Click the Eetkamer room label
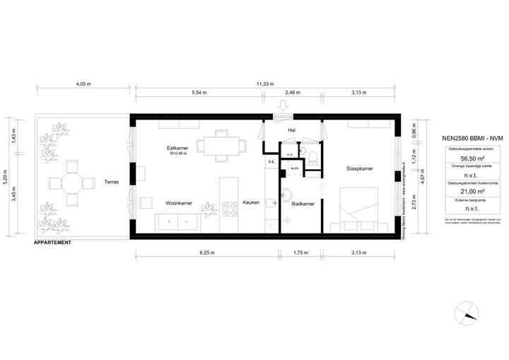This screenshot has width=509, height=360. [177, 148]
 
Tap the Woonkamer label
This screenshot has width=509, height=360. [179, 203]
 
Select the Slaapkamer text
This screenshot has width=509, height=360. [360, 169]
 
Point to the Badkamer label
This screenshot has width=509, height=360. [303, 204]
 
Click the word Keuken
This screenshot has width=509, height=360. [251, 203]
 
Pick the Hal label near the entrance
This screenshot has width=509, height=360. [291, 131]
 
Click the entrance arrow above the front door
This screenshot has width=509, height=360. [283, 107]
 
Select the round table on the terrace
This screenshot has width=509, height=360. [71, 182]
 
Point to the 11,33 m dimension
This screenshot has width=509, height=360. [264, 84]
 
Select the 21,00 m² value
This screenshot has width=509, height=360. [462, 191]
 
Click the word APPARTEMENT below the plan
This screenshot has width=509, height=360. [52, 243]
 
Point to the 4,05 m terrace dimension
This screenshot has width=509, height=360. [83, 84]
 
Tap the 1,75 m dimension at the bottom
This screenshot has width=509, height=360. [303, 252]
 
